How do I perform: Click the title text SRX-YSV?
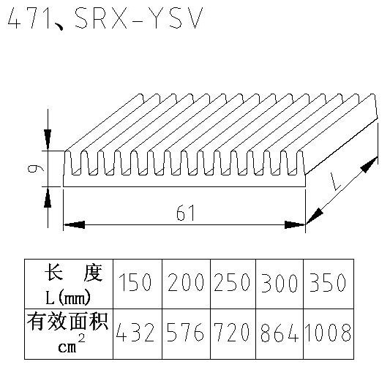[x=139, y=18]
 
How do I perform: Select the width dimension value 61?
[x=185, y=213]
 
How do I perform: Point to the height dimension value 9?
[x=36, y=169]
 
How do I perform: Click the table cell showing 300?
[x=280, y=283]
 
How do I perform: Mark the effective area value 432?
[x=135, y=332]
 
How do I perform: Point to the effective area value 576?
[x=186, y=332]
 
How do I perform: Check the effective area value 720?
[x=232, y=332]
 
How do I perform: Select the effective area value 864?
[x=280, y=333]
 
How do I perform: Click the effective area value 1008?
[x=328, y=332]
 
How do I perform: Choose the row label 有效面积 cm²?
[x=67, y=333]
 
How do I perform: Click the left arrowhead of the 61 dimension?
[x=74, y=225]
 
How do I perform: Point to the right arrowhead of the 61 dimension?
[x=295, y=225]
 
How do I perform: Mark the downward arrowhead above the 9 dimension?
[x=48, y=140]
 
